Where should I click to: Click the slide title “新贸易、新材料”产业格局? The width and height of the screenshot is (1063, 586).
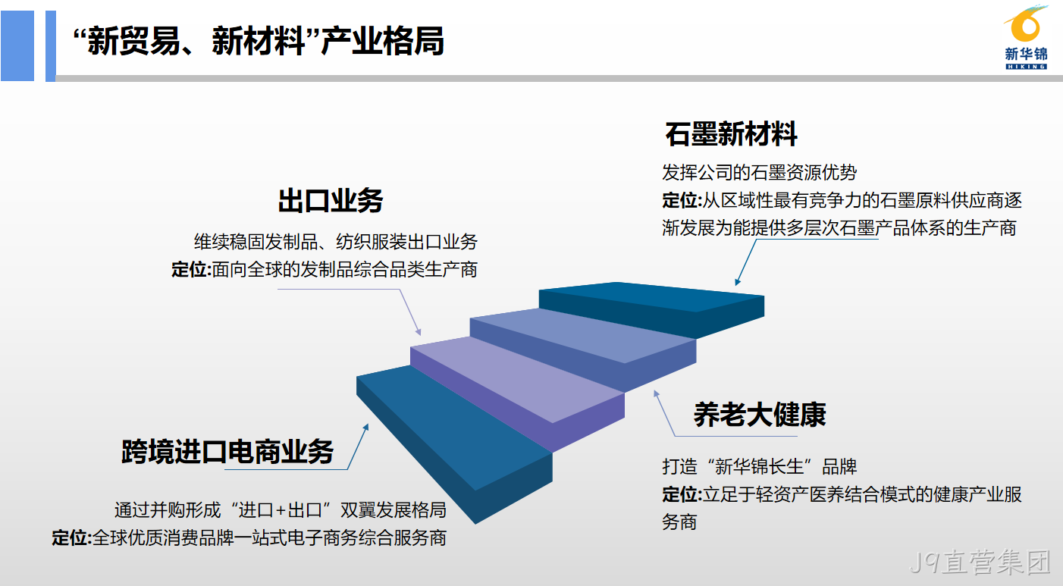(x=259, y=41)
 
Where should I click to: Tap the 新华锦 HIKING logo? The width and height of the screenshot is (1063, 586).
(x=1026, y=38)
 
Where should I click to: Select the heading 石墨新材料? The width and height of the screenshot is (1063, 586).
(x=731, y=134)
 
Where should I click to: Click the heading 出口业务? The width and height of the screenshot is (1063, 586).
(x=331, y=201)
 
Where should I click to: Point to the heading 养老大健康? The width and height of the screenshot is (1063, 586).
(x=759, y=415)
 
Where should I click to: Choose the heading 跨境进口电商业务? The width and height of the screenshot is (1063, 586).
(x=227, y=451)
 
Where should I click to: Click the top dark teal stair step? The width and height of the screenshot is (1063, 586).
(x=651, y=309)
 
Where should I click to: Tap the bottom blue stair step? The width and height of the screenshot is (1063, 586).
(x=454, y=443)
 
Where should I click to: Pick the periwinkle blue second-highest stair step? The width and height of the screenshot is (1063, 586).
(x=583, y=349)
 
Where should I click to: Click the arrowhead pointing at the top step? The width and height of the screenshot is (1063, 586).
(x=737, y=282)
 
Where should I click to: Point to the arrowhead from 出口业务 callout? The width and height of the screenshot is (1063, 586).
(x=418, y=332)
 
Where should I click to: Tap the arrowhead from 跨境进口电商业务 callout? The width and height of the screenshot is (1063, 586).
(x=366, y=427)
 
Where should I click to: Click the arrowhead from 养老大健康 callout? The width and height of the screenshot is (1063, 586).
(x=656, y=393)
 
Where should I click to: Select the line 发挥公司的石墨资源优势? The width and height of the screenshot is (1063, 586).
(x=759, y=172)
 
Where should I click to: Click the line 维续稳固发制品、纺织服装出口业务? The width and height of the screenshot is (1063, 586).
(x=336, y=242)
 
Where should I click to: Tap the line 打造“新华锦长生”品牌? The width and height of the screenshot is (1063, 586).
(x=759, y=467)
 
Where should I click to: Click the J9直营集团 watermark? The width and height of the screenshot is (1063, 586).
(x=980, y=562)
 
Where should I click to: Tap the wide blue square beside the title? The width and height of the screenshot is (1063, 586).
(x=17, y=46)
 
